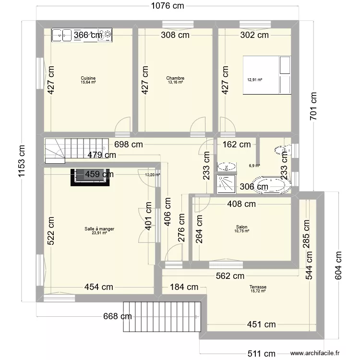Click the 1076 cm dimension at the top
coord(168,6)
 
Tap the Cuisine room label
coord(88,78)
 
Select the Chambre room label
coord(175,78)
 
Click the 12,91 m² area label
coord(254,80)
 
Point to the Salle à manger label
coord(99,228)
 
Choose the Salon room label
coord(241,227)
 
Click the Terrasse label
coord(258,287)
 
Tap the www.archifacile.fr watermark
coord(315,353)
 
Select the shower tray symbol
coord(227,184)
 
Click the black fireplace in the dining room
coord(90,177)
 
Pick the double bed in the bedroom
coord(267,75)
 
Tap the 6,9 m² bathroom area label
coord(254,166)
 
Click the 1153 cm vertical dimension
coord(21,161)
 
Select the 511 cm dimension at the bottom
coord(261,353)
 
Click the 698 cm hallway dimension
coord(129,144)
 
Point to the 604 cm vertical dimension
coord(338,265)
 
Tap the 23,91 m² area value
coord(99,233)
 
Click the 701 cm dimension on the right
coord(313,106)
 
